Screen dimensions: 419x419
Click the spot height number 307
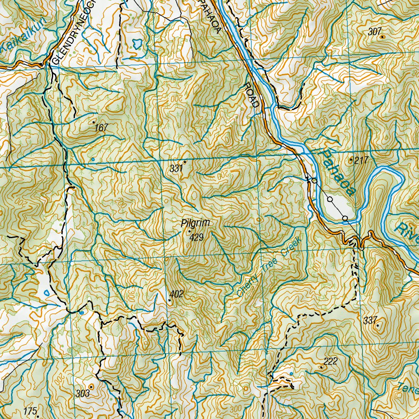(x=374, y=32)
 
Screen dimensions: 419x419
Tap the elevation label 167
(x=101, y=128)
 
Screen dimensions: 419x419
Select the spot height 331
(x=175, y=168)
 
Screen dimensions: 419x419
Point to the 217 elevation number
(x=362, y=161)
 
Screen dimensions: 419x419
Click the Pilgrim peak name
(x=196, y=223)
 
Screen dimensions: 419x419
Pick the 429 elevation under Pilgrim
(x=196, y=237)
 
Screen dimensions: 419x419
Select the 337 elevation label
(x=369, y=319)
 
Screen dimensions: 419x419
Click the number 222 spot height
(x=330, y=361)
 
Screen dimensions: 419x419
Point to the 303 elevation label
(x=83, y=394)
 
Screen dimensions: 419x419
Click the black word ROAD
(x=251, y=95)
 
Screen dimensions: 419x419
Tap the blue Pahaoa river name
(x=338, y=173)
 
